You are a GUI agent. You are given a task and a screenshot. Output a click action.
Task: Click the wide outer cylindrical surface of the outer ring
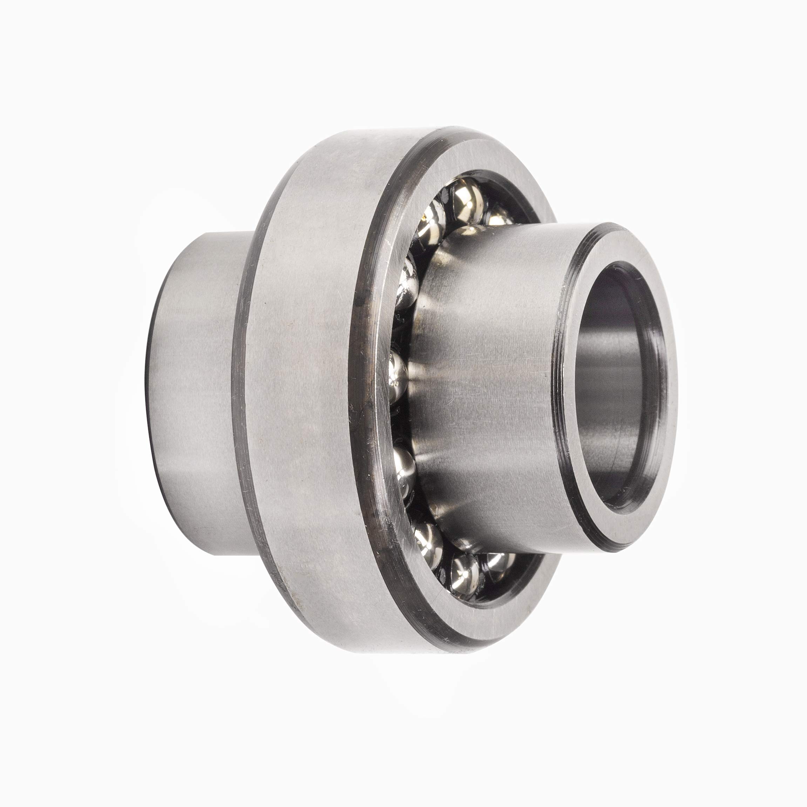point(301,376)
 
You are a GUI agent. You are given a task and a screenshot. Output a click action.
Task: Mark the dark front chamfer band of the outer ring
point(368,376)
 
